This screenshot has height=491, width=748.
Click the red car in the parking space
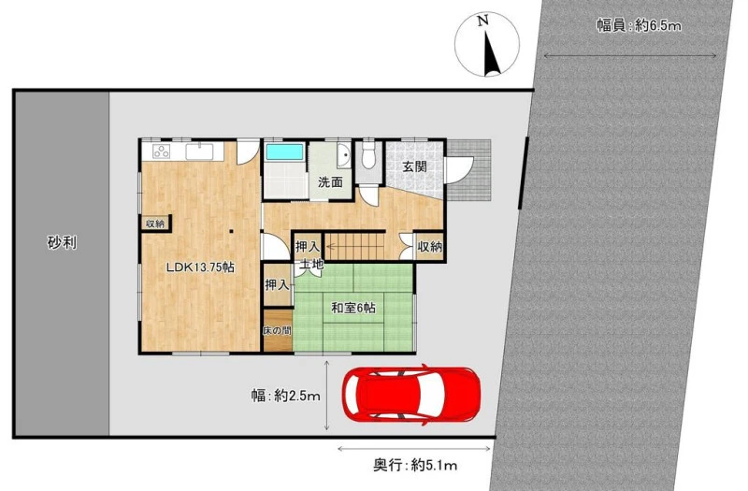[411, 394]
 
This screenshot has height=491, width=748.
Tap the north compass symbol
[486, 45]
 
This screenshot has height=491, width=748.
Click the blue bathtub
[285, 152]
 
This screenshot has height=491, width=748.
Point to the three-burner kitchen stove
[162, 152]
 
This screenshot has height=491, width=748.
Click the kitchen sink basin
[199, 152]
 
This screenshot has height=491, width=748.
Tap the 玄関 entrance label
[414, 166]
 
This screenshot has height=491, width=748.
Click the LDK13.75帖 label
[200, 267]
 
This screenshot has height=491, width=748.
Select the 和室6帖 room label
[353, 308]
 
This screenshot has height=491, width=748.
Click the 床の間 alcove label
[277, 330]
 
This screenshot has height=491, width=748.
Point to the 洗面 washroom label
[331, 181]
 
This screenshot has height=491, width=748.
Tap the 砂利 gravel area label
[62, 242]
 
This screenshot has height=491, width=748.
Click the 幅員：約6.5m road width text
[639, 25]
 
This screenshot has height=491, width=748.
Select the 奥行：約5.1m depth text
[414, 465]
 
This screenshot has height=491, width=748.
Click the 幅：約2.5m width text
[286, 396]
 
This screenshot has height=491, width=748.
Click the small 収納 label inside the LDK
[155, 224]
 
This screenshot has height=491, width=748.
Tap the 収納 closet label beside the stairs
[430, 247]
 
